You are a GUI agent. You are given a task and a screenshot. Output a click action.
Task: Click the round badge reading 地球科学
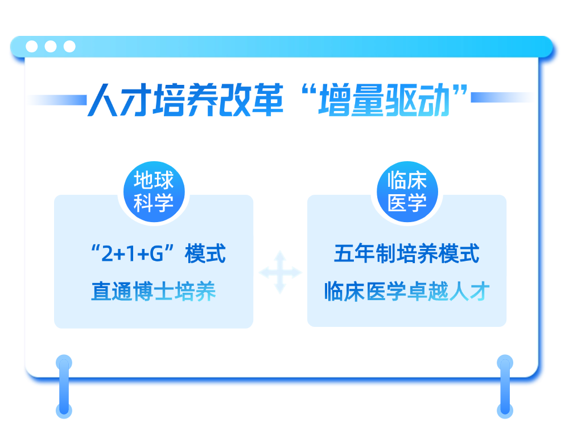[154, 192]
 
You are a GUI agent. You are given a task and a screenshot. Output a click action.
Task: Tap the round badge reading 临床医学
[407, 192]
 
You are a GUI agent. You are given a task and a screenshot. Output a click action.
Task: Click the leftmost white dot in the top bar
[32, 47]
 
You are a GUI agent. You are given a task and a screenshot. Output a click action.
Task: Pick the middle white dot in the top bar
[51, 47]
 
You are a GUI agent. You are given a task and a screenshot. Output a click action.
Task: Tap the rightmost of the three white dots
[69, 47]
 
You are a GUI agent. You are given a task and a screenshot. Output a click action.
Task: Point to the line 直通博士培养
[154, 292]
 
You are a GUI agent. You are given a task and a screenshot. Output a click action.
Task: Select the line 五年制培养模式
[406, 254]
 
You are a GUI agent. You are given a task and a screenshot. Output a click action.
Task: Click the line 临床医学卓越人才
[406, 292]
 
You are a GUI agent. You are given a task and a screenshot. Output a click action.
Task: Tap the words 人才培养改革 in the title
[185, 100]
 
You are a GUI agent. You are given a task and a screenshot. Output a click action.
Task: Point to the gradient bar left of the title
[57, 100]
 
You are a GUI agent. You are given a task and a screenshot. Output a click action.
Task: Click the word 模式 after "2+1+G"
[205, 254]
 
